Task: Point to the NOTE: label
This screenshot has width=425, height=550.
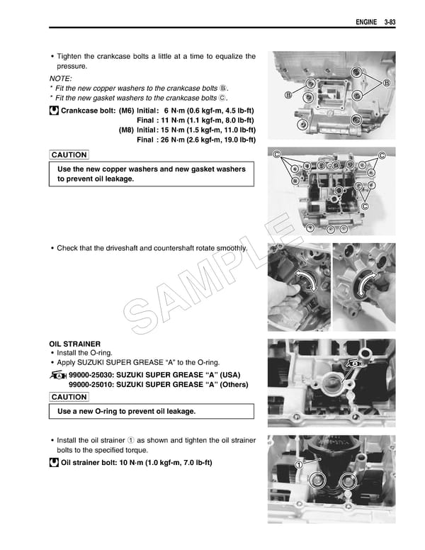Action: [60, 78]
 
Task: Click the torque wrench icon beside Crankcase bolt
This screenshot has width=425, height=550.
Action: [54, 111]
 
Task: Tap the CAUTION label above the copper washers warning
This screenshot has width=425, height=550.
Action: [69, 155]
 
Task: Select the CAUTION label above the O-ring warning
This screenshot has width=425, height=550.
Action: [69, 397]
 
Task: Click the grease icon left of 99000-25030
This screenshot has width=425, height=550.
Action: [59, 374]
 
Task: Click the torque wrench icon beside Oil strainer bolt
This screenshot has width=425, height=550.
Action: [54, 463]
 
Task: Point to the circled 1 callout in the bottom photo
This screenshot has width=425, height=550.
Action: [298, 464]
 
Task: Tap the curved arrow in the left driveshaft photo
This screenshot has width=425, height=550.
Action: [307, 281]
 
